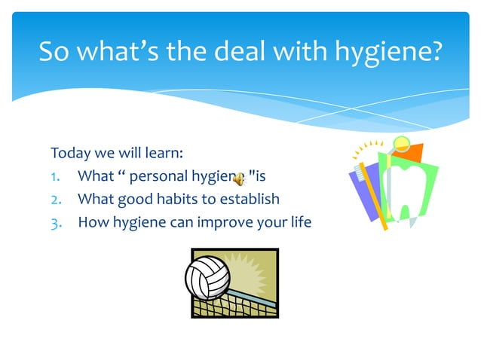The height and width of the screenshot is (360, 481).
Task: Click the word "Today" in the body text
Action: (69, 154)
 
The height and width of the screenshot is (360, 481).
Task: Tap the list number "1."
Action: (57, 178)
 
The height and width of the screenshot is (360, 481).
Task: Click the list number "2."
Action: (57, 200)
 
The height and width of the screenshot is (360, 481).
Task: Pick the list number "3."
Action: (57, 222)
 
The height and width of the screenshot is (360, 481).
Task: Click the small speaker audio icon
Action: (239, 178)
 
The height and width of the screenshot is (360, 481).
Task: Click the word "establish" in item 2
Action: (247, 200)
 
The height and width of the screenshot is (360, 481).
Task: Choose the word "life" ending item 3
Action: (300, 222)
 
